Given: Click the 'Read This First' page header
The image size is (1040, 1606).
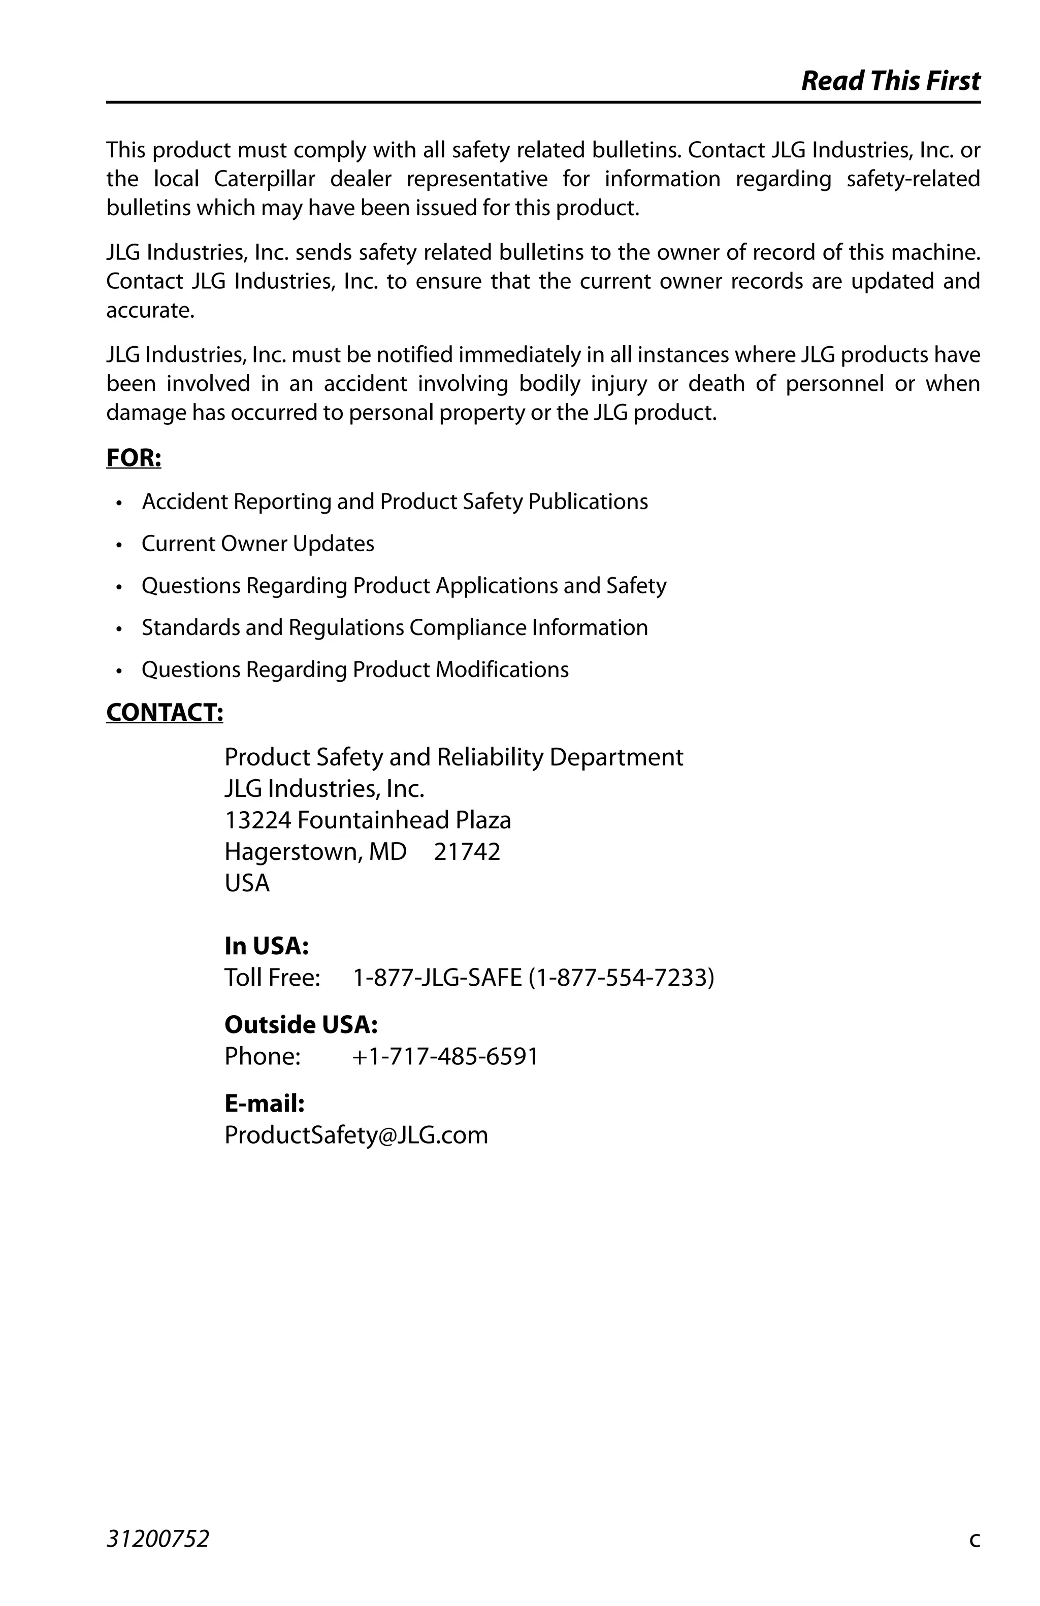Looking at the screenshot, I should point(890,81).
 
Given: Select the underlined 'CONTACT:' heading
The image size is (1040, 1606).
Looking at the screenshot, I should point(165,713).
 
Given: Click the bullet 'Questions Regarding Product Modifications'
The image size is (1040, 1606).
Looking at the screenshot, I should point(355,670).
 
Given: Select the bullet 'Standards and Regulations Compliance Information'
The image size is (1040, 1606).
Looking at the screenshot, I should point(395,627).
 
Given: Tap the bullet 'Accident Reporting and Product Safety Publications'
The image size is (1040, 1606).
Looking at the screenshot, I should point(395,502).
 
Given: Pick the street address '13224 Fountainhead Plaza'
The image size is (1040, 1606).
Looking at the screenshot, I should point(368,820).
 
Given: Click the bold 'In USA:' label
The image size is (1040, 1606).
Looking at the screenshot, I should point(267,946).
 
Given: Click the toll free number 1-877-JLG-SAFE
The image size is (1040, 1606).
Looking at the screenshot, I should point(437,977).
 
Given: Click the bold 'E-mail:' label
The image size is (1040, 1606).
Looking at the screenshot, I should point(265,1103).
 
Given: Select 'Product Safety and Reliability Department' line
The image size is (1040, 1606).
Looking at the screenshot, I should point(453,757).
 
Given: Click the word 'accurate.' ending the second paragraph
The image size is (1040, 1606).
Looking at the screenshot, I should point(150,311).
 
